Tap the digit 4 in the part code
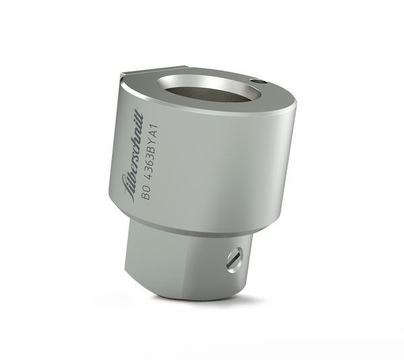147,179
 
